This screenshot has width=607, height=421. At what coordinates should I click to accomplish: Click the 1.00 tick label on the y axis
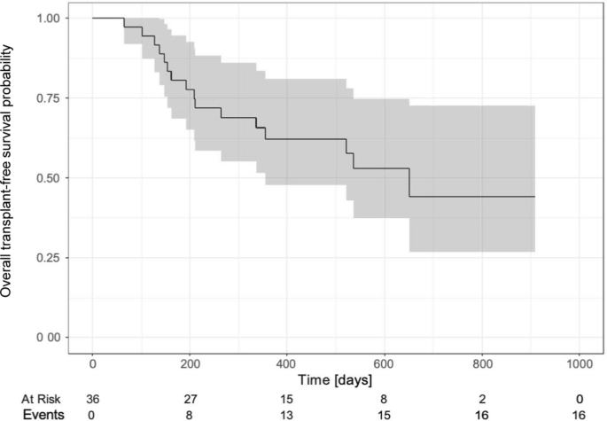[49, 19]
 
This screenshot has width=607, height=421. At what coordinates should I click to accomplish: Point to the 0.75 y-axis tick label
[49, 98]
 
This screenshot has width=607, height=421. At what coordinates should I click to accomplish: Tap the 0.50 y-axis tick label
[49, 178]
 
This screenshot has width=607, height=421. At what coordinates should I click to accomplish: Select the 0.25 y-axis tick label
[49, 258]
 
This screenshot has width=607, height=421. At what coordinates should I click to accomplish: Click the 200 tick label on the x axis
[190, 364]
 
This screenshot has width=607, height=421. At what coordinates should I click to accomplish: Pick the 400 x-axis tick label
[287, 364]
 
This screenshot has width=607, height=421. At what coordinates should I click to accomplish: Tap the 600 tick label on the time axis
[385, 364]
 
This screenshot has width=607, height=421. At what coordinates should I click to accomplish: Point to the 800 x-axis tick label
[482, 364]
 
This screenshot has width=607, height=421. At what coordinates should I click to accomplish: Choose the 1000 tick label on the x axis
[580, 364]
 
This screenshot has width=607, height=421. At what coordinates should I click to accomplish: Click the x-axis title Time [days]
[335, 380]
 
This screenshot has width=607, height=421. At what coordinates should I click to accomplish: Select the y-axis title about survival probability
[6, 171]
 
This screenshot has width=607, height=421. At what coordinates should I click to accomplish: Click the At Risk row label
[41, 399]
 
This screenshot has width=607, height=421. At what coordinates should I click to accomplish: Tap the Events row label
[43, 415]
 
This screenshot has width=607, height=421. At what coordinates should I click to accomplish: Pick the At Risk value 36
[92, 399]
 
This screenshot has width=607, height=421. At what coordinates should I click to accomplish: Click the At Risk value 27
[190, 399]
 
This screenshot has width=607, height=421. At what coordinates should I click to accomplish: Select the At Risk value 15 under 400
[287, 399]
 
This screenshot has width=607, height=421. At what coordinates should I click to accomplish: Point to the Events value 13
[287, 415]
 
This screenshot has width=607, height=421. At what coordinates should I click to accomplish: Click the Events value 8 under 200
[190, 415]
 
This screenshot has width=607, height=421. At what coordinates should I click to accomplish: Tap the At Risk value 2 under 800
[482, 399]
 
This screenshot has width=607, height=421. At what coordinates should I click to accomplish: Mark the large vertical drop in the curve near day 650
[409, 183]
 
